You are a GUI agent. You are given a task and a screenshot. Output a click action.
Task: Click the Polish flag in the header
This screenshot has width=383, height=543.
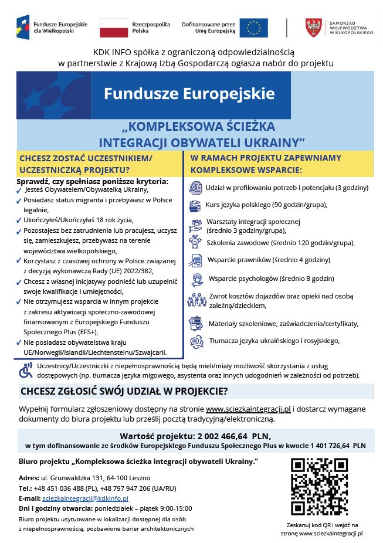(x=114, y=28)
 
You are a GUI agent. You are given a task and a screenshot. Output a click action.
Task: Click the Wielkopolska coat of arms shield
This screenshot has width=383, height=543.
(x=313, y=28)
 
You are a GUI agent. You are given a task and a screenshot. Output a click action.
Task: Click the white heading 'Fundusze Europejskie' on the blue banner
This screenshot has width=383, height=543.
(x=189, y=93)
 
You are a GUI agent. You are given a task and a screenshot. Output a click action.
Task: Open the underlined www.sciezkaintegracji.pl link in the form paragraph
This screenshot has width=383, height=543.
(x=248, y=409)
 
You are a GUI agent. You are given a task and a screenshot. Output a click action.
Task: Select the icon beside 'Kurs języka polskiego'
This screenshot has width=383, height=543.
(x=195, y=205)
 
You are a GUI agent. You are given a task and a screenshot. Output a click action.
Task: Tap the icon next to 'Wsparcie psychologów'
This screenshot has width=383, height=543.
(x=196, y=279)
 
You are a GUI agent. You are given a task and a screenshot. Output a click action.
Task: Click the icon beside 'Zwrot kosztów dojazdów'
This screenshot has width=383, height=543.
(x=196, y=301)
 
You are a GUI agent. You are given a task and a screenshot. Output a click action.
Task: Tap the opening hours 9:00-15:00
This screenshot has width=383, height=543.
(x=175, y=508)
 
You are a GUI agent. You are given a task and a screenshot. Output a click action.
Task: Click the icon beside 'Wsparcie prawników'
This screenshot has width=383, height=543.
(x=196, y=260)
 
